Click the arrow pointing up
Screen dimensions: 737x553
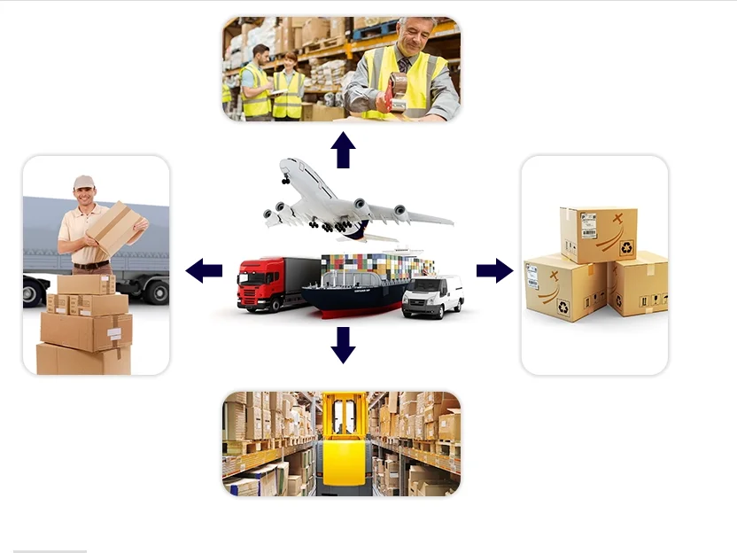click(x=343, y=150)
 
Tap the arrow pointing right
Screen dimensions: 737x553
click(x=494, y=270)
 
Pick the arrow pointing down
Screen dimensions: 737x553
click(x=343, y=345)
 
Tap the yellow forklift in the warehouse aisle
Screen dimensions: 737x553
click(x=344, y=443)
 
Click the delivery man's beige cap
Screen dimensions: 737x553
click(x=84, y=182)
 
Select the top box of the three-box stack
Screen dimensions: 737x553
click(x=598, y=234)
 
